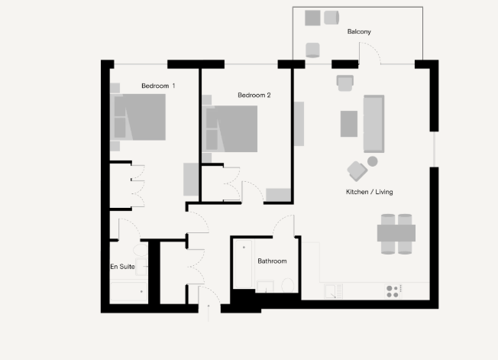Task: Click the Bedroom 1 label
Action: tap(158, 86)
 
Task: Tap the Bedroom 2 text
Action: tap(254, 95)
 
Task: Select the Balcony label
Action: tap(359, 31)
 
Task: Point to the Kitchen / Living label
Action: tap(370, 192)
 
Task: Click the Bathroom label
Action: tap(272, 261)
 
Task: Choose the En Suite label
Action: tap(123, 267)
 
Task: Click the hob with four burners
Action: tap(393, 291)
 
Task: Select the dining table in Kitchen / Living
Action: tap(396, 233)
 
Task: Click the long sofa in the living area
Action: tap(373, 124)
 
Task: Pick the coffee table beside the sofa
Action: tap(349, 124)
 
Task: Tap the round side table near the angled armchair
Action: tap(373, 161)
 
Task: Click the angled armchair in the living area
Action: tap(357, 171)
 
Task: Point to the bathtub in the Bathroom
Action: tap(244, 264)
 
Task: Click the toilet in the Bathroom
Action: tap(288, 285)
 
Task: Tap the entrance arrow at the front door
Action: tap(209, 313)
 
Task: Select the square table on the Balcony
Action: tap(312, 18)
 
